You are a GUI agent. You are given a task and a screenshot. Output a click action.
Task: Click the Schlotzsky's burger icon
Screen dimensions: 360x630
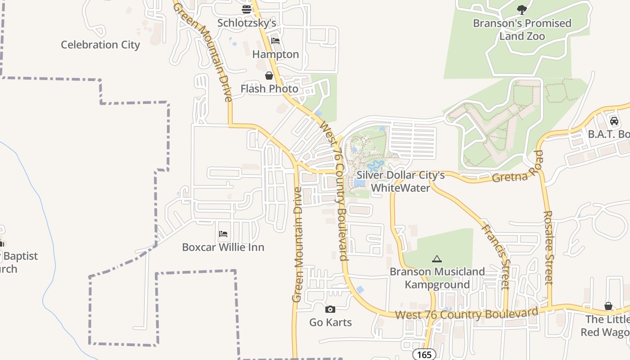246,9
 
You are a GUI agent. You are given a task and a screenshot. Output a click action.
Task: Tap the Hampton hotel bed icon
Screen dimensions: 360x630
275,41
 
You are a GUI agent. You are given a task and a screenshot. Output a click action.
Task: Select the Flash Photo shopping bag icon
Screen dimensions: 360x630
269,76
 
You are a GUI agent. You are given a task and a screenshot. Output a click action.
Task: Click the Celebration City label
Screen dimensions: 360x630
100,45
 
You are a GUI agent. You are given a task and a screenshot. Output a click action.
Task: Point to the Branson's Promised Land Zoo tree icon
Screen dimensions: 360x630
522,9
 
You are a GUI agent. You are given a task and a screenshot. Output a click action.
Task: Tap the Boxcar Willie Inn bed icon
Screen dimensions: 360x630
223,234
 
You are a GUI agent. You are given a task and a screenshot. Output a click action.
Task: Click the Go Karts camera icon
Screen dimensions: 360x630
330,310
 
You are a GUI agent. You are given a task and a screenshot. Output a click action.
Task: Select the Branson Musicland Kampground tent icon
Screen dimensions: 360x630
436,259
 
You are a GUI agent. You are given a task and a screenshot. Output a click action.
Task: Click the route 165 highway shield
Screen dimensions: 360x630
424,355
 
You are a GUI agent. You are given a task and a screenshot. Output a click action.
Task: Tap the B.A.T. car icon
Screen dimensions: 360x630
614,121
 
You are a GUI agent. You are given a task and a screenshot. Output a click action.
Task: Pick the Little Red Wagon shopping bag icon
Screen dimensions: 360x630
608,306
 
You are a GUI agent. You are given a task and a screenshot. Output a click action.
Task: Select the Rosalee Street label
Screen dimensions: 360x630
548,247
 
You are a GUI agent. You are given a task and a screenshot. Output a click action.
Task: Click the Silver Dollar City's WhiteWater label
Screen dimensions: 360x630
400,181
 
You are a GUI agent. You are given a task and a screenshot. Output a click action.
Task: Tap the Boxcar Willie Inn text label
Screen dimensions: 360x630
223,247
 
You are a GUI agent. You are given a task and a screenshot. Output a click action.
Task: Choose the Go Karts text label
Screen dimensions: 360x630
330,322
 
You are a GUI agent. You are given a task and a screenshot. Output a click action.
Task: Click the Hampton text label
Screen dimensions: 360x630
275,54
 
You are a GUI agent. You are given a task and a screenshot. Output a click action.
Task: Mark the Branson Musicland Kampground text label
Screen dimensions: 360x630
437,278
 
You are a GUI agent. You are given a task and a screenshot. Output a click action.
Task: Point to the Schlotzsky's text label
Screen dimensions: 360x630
247,22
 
